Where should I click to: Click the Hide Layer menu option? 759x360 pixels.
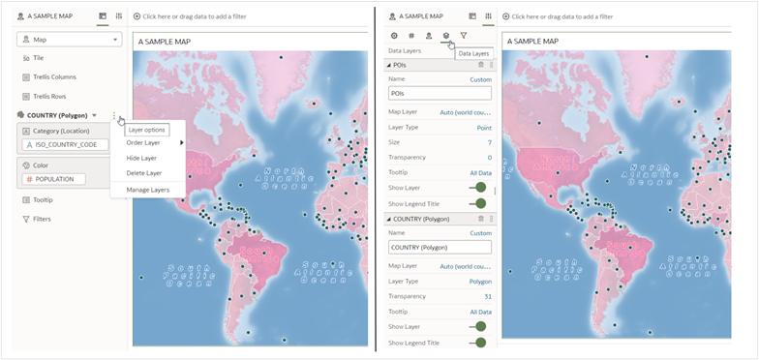pyautogui.click(x=141, y=158)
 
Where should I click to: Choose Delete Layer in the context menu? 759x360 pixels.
pyautogui.click(x=143, y=173)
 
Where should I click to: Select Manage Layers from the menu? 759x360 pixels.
pyautogui.click(x=147, y=190)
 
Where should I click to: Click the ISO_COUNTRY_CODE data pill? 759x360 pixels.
pyautogui.click(x=66, y=144)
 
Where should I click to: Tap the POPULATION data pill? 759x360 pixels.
pyautogui.click(x=60, y=179)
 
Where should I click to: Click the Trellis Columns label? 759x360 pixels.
pyautogui.click(x=54, y=76)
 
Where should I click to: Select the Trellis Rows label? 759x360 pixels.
pyautogui.click(x=49, y=96)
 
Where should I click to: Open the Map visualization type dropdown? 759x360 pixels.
pyautogui.click(x=70, y=40)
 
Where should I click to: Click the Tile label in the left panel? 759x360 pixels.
pyautogui.click(x=39, y=58)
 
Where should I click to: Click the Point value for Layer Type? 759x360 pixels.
pyautogui.click(x=484, y=127)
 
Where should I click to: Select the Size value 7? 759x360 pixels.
pyautogui.click(x=489, y=142)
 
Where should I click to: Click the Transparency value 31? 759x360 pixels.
pyautogui.click(x=487, y=296)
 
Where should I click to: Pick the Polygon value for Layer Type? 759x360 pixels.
pyautogui.click(x=480, y=281)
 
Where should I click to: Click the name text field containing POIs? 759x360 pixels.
pyautogui.click(x=439, y=94)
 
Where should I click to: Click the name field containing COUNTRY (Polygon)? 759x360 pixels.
pyautogui.click(x=439, y=248)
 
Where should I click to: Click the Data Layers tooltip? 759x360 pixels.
pyautogui.click(x=473, y=53)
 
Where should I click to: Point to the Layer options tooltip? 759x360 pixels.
pyautogui.click(x=147, y=130)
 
